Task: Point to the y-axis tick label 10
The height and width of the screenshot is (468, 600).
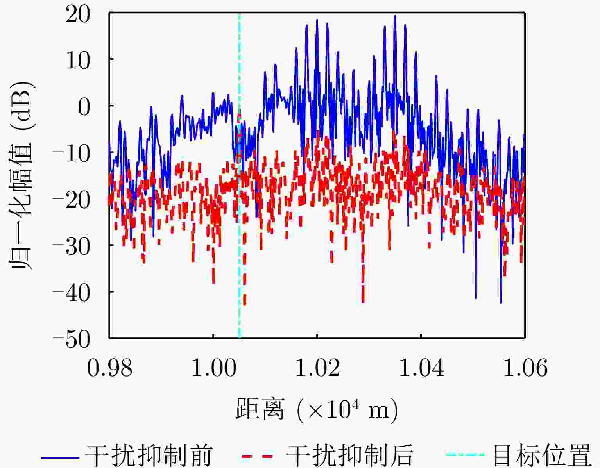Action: coord(78,61)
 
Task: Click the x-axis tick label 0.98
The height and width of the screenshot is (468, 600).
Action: coord(109,368)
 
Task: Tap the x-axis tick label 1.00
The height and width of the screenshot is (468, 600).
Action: coord(213,368)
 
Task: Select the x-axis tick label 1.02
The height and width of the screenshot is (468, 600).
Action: coord(317,368)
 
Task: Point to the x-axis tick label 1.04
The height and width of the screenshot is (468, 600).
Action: coord(421,368)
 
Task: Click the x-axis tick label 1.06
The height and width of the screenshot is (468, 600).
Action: coord(525,368)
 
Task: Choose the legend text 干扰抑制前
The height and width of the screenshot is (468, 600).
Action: coord(149,455)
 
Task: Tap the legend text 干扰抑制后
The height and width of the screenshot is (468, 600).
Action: coord(349,455)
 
